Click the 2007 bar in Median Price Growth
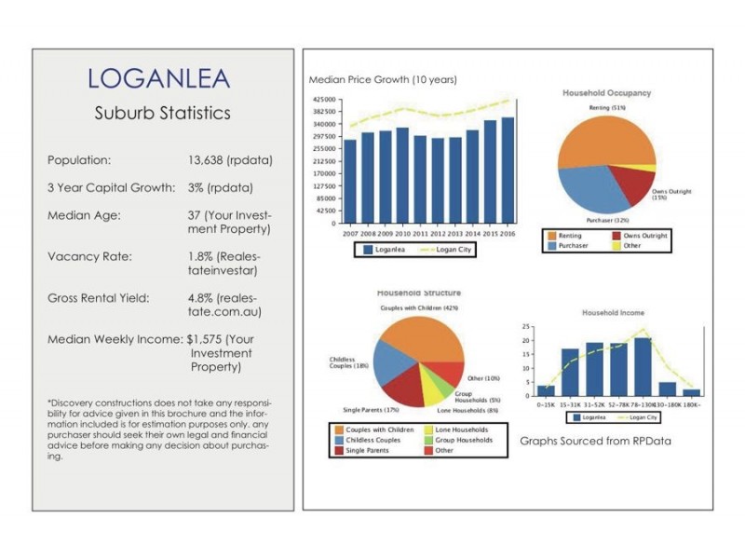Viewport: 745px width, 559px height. click(x=350, y=182)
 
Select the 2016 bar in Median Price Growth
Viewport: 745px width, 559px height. click(x=508, y=170)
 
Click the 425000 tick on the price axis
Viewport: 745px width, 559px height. click(x=324, y=100)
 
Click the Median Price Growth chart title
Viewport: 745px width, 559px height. click(x=383, y=80)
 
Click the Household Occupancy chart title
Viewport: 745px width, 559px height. click(x=606, y=93)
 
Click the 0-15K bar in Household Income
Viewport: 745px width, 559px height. click(x=545, y=390)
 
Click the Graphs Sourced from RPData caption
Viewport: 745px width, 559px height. click(x=595, y=440)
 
